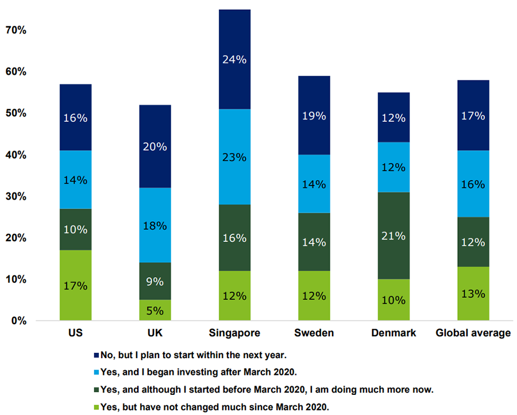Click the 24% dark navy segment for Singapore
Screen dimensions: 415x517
[x=234, y=59]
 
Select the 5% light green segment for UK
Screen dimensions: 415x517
[x=155, y=310]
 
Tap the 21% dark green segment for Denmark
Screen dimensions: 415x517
[x=393, y=236]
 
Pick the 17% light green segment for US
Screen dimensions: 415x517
[x=76, y=285]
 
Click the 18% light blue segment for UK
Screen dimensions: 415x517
[x=155, y=225]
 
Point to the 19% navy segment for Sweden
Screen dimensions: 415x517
[x=314, y=116]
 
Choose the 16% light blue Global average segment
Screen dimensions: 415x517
[x=473, y=184]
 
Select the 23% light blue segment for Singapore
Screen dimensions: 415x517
[x=234, y=157]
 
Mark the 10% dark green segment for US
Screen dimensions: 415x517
[x=76, y=229]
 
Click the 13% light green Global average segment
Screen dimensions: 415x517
[x=473, y=293]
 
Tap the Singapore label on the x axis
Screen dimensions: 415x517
[x=234, y=333]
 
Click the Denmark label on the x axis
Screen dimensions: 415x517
[x=393, y=333]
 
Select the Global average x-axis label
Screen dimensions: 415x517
[x=473, y=333]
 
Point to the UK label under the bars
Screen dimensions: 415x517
[x=155, y=333]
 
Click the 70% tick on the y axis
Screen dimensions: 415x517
[x=16, y=30]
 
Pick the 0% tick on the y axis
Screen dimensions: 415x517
[x=18, y=321]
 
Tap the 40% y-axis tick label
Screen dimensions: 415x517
[x=16, y=155]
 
